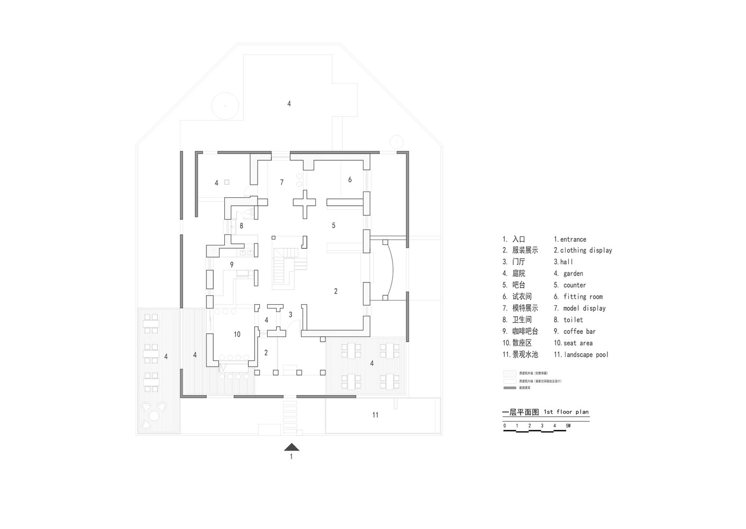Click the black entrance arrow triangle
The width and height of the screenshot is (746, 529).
tap(291, 447)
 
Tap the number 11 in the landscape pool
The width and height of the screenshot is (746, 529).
tap(375, 415)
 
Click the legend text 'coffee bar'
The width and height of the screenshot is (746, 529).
tap(579, 332)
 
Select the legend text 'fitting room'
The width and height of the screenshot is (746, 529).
tap(583, 297)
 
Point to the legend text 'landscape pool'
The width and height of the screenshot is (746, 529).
tap(586, 355)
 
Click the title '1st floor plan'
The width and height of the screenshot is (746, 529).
tap(566, 412)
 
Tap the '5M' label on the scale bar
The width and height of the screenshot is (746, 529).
tap(568, 425)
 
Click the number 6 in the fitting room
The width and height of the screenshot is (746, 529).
tap(350, 180)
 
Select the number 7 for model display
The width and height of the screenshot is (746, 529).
tap(282, 182)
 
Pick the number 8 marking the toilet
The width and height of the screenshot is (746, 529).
tap(241, 226)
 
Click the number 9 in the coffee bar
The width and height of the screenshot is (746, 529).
tap(232, 264)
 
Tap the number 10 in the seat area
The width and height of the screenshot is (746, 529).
tap(237, 334)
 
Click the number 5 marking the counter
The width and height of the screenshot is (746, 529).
tap(333, 225)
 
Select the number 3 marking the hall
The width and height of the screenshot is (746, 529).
tap(290, 315)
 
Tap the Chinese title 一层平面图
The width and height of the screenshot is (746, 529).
tap(520, 412)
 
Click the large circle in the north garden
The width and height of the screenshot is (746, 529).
tap(224, 105)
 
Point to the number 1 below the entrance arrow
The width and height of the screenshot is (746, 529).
tap(291, 457)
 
